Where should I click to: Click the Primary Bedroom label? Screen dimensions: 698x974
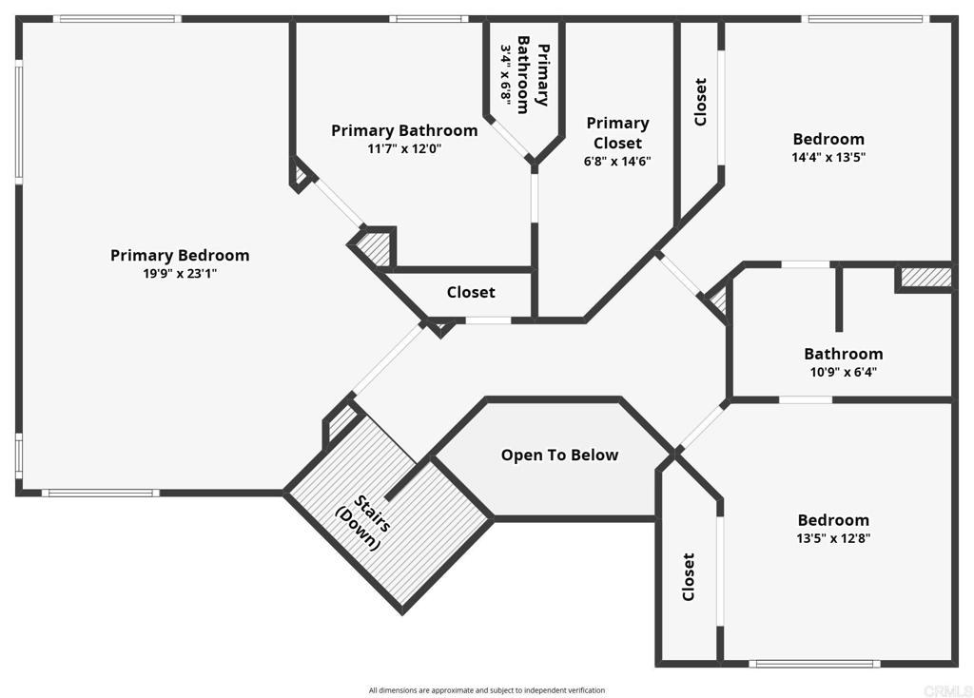tap(180, 255)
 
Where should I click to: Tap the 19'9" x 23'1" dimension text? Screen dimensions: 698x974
tap(180, 274)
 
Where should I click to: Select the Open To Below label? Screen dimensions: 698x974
tap(559, 456)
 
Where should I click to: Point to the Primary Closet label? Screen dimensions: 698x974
tap(617, 132)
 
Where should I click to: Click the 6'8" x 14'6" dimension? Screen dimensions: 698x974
tap(617, 162)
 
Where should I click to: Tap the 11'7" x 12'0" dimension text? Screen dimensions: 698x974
tap(404, 149)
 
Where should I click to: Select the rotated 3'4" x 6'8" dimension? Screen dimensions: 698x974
tap(506, 71)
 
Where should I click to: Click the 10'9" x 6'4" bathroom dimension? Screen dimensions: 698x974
tap(843, 372)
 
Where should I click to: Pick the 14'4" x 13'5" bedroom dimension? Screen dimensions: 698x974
tap(828, 158)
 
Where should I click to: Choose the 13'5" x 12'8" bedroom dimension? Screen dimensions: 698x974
tap(833, 538)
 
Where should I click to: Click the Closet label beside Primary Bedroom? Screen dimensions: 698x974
tap(471, 293)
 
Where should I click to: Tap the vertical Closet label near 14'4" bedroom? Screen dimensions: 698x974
tap(701, 102)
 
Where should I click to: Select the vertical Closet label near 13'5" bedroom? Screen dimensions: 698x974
tap(688, 577)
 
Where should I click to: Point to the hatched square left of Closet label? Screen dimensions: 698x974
tap(374, 248)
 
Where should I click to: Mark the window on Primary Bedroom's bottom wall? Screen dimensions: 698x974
tap(100, 493)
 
